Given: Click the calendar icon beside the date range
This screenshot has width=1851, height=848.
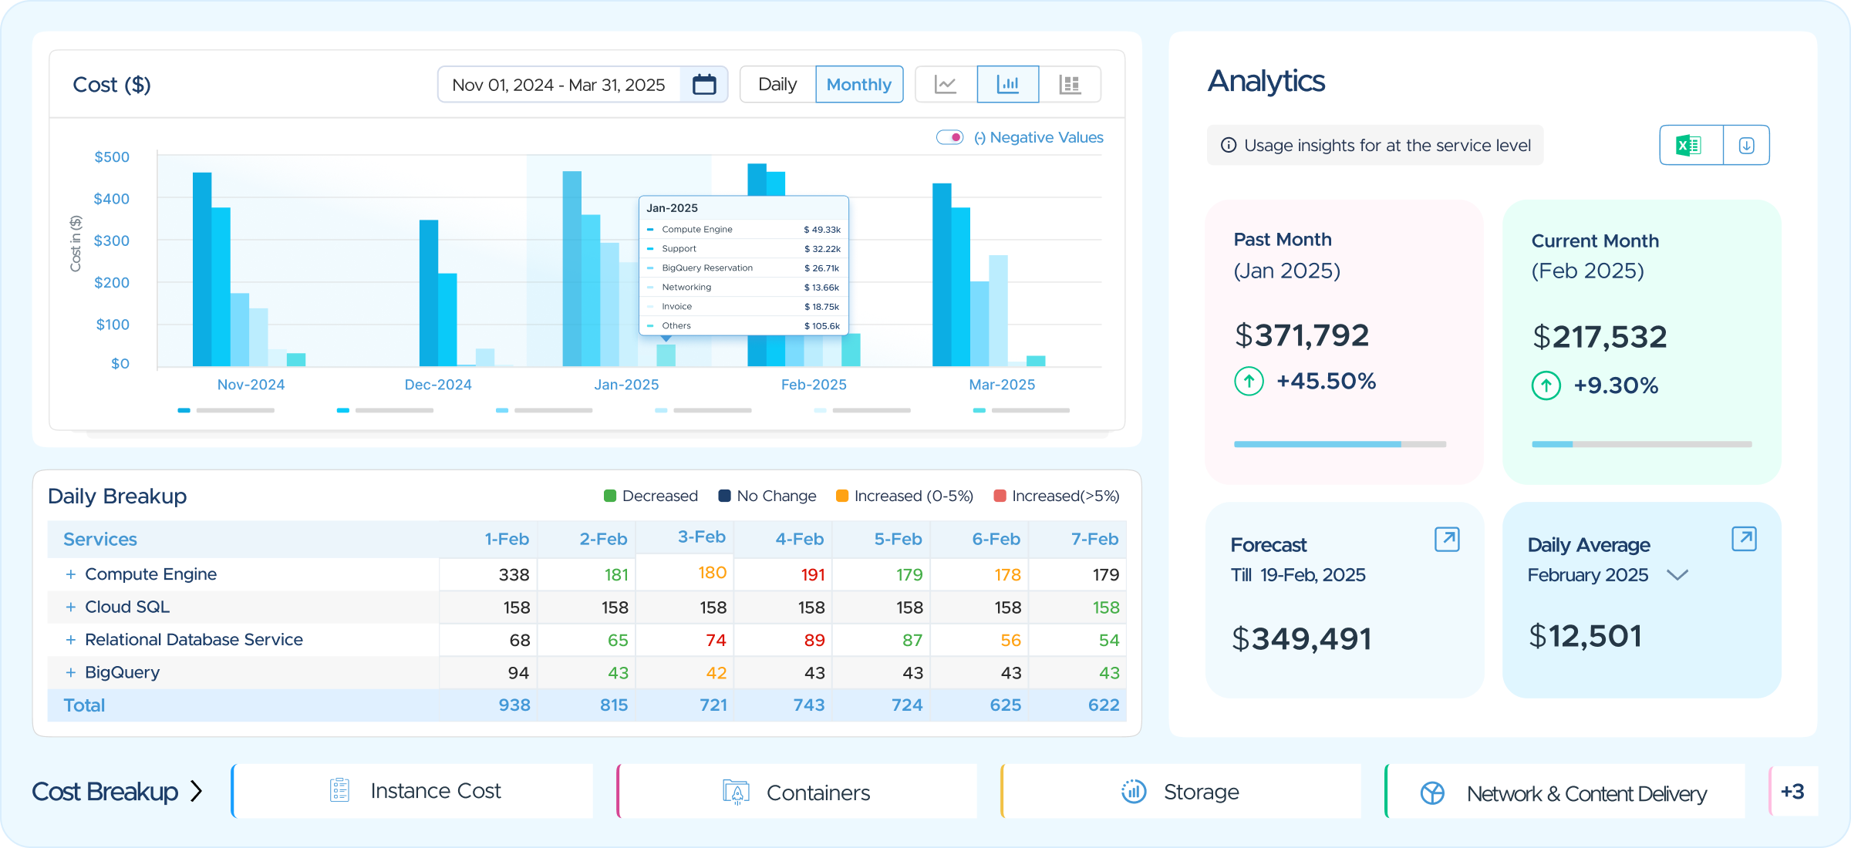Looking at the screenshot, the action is tap(704, 84).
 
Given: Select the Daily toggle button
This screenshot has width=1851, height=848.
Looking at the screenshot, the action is tap(777, 84).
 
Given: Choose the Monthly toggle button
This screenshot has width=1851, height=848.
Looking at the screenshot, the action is tap(859, 84).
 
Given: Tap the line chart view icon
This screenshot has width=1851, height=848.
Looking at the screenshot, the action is tap(946, 84).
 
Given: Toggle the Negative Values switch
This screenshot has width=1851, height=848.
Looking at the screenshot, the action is tap(949, 137).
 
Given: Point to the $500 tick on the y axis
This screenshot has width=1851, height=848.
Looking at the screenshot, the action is tap(112, 157).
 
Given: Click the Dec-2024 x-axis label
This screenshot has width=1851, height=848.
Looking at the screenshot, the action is tap(438, 385).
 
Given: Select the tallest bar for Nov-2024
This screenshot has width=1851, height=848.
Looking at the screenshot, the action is tap(202, 269).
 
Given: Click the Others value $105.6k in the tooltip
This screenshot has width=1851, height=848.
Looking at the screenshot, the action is tap(822, 326).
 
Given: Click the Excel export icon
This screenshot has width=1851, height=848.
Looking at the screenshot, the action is tap(1689, 145).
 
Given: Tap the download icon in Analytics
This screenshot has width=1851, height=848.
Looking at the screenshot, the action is tap(1747, 145).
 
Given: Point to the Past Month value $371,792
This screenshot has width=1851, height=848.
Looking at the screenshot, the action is tap(1302, 335).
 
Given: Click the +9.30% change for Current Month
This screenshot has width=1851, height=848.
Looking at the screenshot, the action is tap(1616, 385).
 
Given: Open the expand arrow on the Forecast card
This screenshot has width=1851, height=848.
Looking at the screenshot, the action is tap(1447, 539).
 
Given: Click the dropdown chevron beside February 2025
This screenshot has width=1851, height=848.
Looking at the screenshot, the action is tap(1677, 575).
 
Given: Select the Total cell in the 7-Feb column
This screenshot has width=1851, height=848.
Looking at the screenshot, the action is tap(1104, 705).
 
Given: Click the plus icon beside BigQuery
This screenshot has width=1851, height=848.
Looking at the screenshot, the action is tap(71, 672).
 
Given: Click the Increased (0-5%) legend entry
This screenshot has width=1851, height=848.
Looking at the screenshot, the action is tap(905, 496).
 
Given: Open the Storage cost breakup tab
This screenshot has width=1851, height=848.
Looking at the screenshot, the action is tap(1181, 792).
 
